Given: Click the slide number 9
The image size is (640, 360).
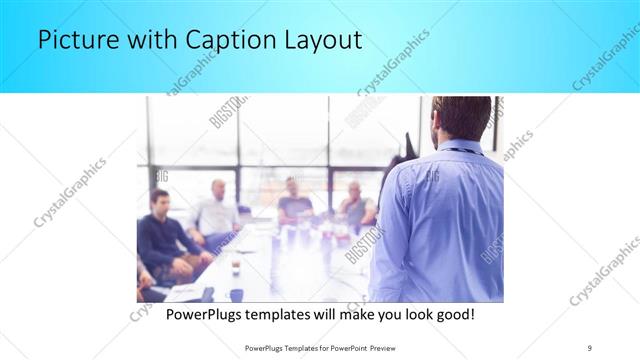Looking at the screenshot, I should [x=589, y=347].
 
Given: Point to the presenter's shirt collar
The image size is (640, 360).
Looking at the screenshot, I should [x=459, y=148].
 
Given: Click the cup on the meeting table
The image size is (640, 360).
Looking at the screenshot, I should [x=235, y=266].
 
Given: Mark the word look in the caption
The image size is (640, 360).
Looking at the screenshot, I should [x=412, y=314].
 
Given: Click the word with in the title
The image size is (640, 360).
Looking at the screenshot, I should [x=144, y=41].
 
